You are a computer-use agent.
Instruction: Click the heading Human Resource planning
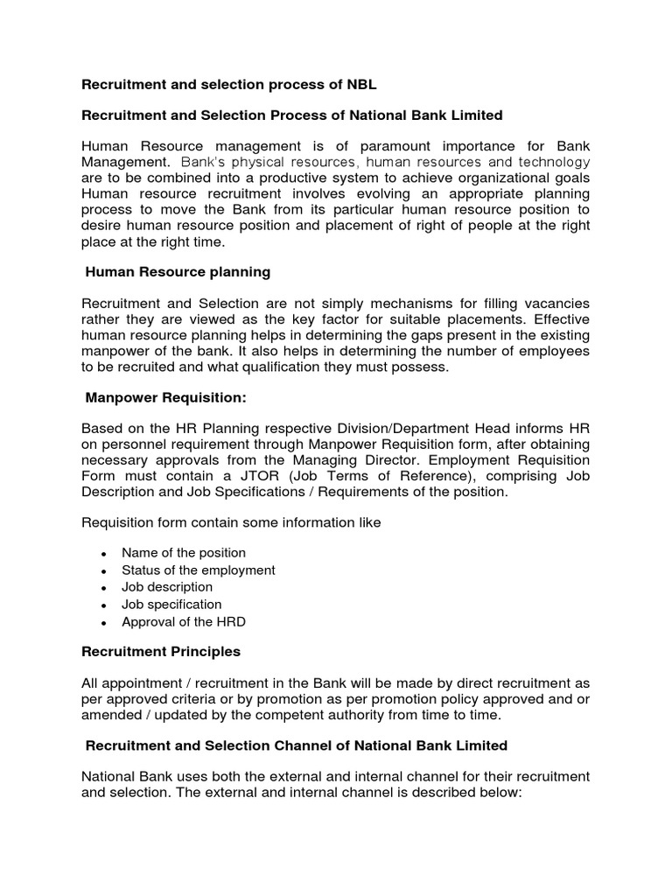[178, 272]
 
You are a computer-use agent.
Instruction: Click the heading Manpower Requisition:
[166, 398]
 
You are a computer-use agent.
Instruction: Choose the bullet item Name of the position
[184, 553]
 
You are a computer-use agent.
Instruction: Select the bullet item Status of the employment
[198, 570]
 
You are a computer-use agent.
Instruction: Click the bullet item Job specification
[171, 605]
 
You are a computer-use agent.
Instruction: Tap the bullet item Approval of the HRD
[184, 622]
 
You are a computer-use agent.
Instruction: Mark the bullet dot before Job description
[103, 588]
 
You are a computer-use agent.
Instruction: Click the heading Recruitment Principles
[161, 652]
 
